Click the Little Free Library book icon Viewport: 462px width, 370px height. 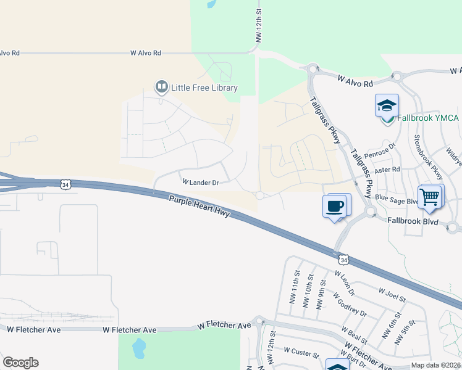(162, 88)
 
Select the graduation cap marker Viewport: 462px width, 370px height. (387, 105)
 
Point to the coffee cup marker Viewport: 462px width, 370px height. (335, 205)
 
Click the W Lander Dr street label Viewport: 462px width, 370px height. (200, 183)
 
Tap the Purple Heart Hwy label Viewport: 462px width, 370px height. (200, 205)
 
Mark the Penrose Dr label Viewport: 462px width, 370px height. (379, 150)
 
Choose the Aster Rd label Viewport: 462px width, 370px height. (387, 169)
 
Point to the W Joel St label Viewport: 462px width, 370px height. (392, 294)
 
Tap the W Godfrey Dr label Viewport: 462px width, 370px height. (350, 303)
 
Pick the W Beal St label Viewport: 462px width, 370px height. (358, 336)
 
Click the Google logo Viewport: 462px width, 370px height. (20, 363)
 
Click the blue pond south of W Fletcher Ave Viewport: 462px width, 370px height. (138, 349)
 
